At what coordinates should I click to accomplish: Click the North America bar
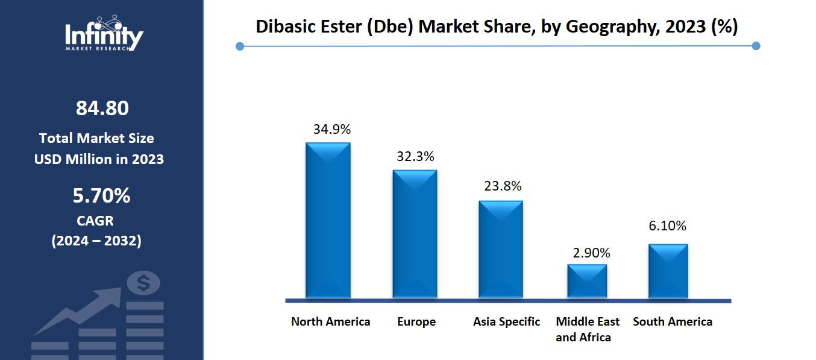coord(328,220)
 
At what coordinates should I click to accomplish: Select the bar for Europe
coord(415,233)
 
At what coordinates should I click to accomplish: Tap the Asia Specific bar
coord(501,248)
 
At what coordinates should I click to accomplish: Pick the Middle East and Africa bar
coord(587,280)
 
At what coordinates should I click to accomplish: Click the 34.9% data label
coord(331,129)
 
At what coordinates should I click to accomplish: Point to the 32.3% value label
coord(415,157)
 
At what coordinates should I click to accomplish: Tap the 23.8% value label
coord(503,186)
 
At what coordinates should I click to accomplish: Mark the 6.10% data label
coord(668,226)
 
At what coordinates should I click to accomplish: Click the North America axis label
coord(330,321)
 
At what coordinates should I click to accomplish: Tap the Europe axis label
coord(416,321)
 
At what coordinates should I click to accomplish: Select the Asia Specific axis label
coord(506,321)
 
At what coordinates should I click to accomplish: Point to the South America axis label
coord(672,321)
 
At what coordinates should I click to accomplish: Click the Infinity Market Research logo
coord(104,34)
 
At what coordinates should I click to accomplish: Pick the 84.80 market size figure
coord(102,109)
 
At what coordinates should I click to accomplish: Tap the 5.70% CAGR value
coord(101,196)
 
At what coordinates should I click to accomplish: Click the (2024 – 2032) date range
coord(96,241)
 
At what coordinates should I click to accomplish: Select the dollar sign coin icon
coord(143,282)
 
